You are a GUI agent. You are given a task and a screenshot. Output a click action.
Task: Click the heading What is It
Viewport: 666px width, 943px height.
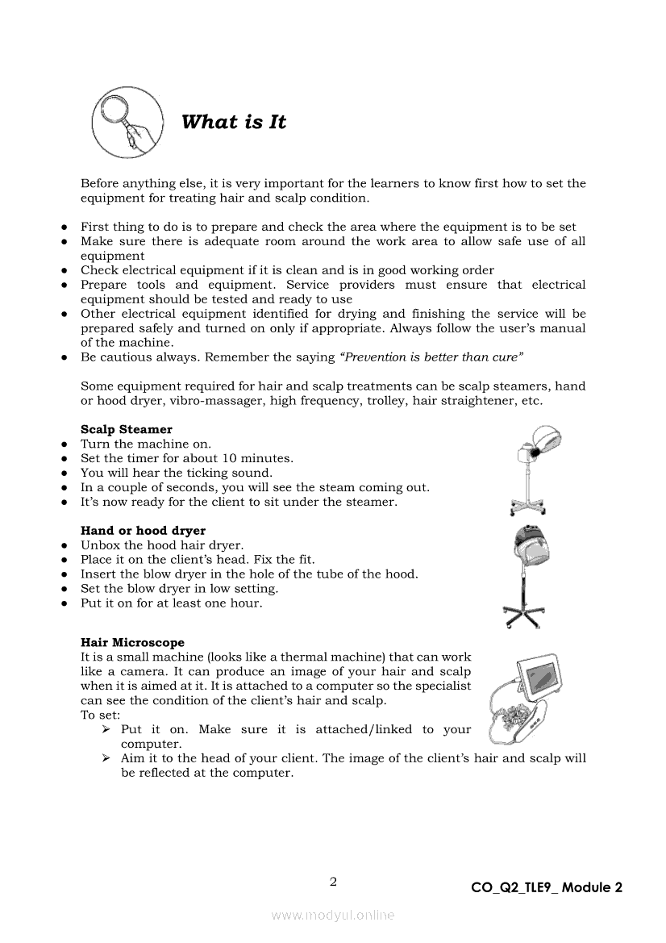pyautogui.click(x=234, y=123)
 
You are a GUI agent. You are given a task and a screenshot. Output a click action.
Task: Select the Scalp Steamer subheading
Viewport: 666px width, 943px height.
pyautogui.click(x=127, y=430)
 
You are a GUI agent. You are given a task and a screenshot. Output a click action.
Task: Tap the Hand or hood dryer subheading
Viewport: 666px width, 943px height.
pyautogui.click(x=143, y=531)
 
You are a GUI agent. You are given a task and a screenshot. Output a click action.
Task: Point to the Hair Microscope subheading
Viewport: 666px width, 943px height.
pyautogui.click(x=132, y=643)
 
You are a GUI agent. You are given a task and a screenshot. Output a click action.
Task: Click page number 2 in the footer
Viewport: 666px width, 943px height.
pyautogui.click(x=333, y=881)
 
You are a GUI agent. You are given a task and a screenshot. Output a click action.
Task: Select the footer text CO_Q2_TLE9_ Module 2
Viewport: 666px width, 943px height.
pyautogui.click(x=547, y=888)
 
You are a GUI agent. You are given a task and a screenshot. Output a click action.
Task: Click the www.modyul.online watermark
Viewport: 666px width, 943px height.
pyautogui.click(x=333, y=915)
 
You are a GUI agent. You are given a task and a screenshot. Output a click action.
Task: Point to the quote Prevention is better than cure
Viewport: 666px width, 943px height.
pyautogui.click(x=433, y=357)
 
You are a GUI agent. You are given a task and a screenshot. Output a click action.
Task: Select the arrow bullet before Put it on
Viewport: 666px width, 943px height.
pyautogui.click(x=106, y=730)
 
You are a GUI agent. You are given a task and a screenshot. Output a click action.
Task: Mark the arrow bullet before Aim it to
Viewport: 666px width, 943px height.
pyautogui.click(x=106, y=759)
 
